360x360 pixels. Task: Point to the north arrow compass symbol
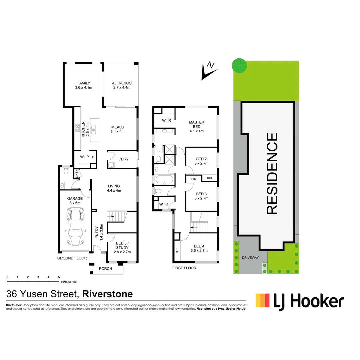coord(208,71)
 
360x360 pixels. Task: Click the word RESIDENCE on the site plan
coord(272,173)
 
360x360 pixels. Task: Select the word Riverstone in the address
coord(107,294)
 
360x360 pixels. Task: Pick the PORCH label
coord(106,269)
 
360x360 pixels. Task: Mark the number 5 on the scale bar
coord(59,277)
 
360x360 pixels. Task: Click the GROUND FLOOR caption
coord(72,258)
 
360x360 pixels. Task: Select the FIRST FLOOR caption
coord(184,268)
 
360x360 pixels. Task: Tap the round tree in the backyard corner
coord(239,65)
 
